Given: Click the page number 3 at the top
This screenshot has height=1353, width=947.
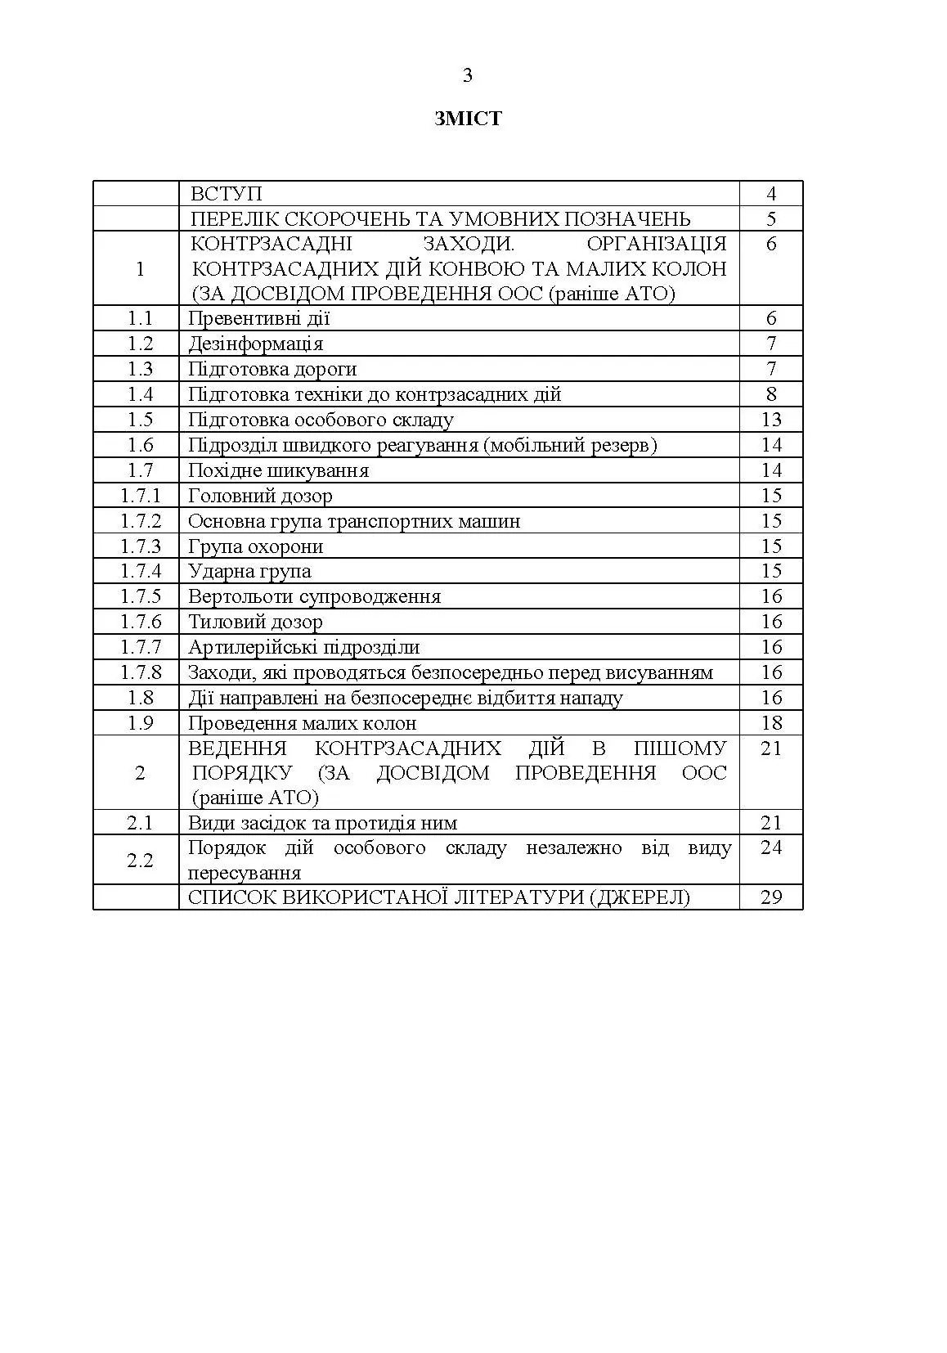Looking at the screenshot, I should tap(468, 76).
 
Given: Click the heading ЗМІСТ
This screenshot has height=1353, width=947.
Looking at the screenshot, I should tap(468, 119).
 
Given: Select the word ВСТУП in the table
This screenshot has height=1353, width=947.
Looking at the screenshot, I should tap(227, 194).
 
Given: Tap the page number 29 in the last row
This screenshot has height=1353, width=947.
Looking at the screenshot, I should tap(771, 897).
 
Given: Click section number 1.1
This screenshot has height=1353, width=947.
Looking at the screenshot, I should tap(140, 318).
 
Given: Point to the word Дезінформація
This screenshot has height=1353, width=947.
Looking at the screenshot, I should tap(255, 344).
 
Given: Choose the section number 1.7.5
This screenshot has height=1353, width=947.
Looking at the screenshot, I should tap(141, 596).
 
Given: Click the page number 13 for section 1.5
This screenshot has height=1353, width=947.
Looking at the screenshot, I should tap(771, 420).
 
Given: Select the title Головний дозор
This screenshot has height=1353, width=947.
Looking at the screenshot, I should tap(260, 496).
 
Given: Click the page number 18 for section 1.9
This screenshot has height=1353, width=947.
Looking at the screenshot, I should tap(771, 723).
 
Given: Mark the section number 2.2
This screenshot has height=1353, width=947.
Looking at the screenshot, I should tap(140, 860).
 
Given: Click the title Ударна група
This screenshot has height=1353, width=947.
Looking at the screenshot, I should tap(249, 571).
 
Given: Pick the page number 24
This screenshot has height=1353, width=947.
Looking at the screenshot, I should tap(771, 847).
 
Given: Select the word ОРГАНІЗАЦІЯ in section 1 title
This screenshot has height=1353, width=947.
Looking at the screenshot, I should tap(657, 244).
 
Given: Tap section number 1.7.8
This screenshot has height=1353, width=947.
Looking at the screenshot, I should tap(141, 672).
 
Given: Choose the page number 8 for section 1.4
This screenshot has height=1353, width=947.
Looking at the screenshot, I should tap(771, 394).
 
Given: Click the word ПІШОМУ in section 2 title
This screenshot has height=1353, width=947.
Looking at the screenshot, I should tap(680, 748).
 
